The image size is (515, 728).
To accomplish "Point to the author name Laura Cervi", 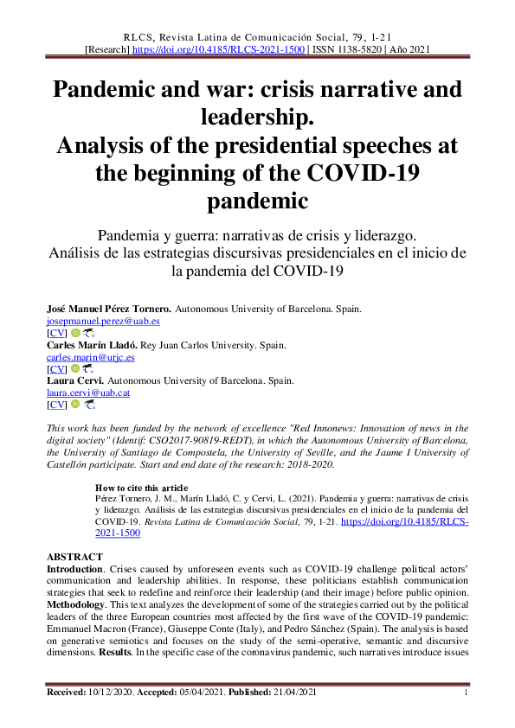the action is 73,380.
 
